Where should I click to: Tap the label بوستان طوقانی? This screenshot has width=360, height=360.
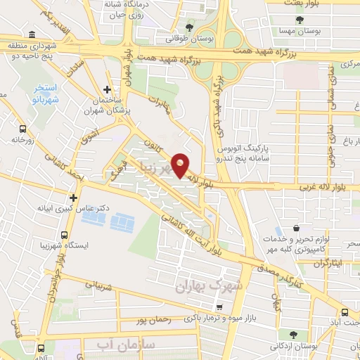pos(176,39)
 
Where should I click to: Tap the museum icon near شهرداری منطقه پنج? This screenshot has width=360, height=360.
pos(32,34)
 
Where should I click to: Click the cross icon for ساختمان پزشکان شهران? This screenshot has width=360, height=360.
pos(106,89)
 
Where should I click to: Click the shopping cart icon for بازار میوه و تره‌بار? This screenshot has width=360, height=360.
pos(219,307)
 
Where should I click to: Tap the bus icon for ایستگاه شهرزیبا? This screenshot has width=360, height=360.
pos(65,236)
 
